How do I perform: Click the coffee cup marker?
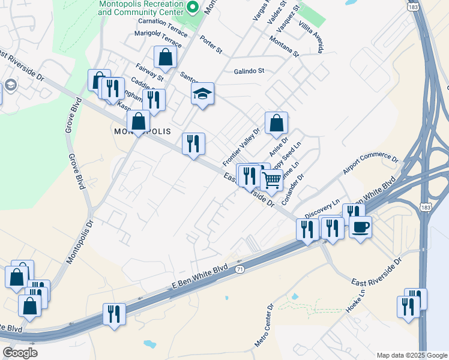(x=361, y=227)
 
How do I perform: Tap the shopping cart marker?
(x=272, y=179)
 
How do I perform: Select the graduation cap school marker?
(x=203, y=94)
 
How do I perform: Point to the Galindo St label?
(x=249, y=71)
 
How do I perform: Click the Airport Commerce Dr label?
(x=371, y=166)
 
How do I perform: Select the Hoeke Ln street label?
(x=356, y=303)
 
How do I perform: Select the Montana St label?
(x=283, y=46)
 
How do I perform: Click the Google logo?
(x=20, y=352)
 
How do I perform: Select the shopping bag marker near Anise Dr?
(x=276, y=123)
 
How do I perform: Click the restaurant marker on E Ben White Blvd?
(x=113, y=314)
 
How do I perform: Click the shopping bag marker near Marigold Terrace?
(x=165, y=58)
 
